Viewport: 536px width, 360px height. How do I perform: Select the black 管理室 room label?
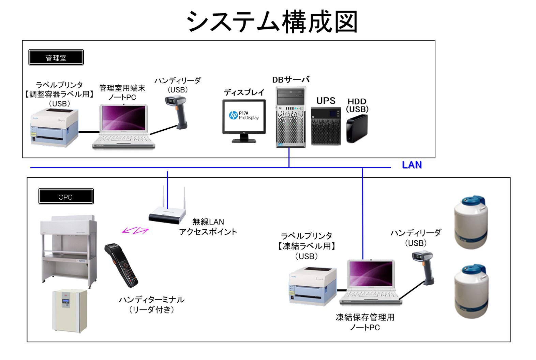click(56, 58)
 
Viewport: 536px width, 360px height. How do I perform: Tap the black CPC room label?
click(65, 197)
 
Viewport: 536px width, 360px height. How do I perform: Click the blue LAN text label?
click(412, 165)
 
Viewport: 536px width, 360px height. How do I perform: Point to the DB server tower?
click(291, 117)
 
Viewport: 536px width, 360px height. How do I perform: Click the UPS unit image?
click(326, 126)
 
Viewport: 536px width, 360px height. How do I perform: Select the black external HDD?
click(357, 128)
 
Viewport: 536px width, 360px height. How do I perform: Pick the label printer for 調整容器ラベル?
click(55, 127)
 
